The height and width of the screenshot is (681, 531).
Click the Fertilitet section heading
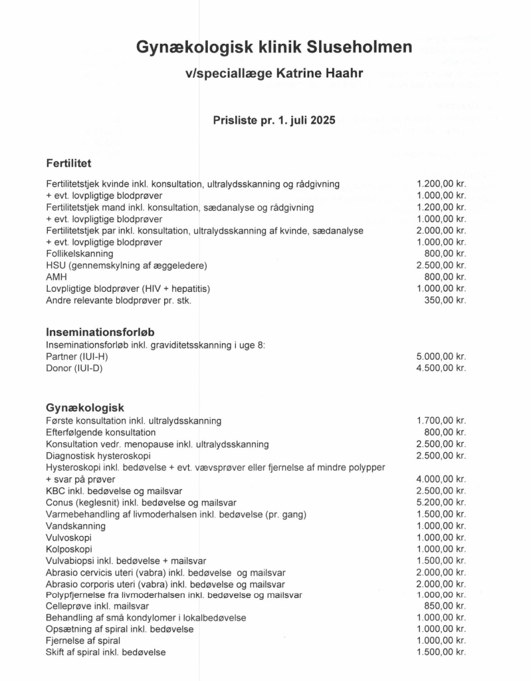68,163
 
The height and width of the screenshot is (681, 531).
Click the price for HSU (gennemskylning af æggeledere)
441,265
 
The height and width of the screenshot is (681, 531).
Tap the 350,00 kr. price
445,300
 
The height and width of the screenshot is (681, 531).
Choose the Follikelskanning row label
80,253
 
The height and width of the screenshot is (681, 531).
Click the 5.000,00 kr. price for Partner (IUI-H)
441,356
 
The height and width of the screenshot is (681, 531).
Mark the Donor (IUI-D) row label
74,368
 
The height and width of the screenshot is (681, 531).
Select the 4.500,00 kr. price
441,368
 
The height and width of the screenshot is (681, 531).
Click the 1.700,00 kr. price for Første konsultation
441,420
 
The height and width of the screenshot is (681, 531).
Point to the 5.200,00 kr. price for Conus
441,502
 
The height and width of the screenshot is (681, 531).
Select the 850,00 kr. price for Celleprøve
445,606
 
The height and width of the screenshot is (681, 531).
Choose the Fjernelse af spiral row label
83,640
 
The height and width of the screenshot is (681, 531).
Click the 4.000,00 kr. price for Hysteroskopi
441,479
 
